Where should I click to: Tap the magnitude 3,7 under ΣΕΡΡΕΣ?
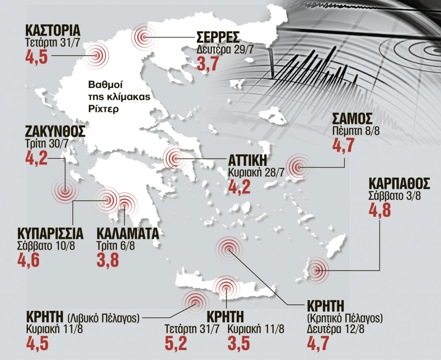[208, 64]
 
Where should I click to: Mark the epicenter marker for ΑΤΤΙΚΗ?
[175, 158]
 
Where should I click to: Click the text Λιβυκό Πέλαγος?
[104, 318]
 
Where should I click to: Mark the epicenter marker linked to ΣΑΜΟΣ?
[299, 167]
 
